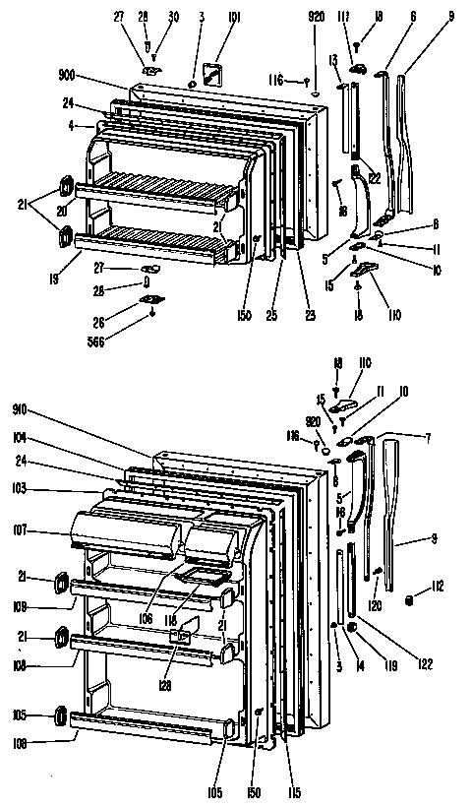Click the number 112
[x=438, y=589]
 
